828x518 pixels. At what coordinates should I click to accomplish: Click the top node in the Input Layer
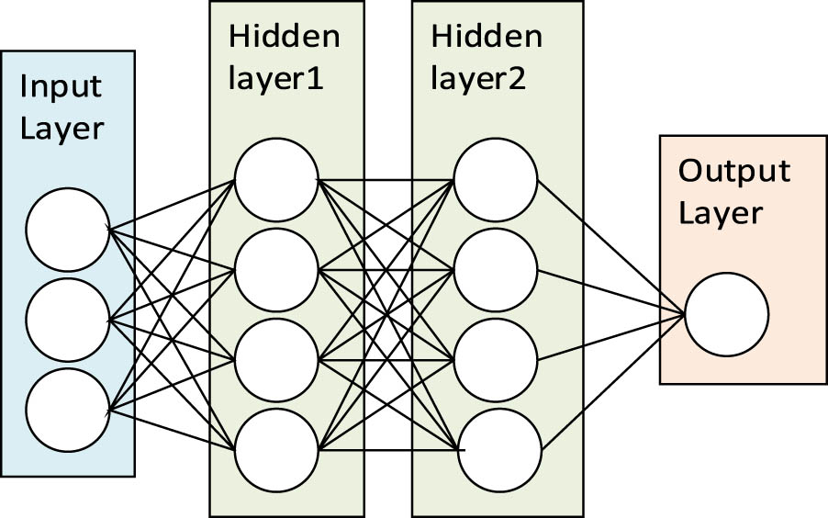[67, 230]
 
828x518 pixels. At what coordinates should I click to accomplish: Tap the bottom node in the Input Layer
[67, 407]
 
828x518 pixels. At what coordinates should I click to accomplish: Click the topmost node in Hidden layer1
[276, 180]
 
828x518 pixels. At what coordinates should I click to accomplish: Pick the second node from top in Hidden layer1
[276, 270]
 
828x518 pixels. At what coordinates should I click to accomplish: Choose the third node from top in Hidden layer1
[276, 360]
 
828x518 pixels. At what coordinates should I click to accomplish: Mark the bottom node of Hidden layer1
[276, 449]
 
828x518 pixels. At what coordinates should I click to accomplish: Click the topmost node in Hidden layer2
[496, 180]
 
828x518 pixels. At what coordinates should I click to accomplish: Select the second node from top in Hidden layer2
[496, 270]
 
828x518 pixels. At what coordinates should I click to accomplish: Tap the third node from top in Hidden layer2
[496, 360]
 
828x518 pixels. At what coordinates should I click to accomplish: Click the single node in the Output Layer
[726, 315]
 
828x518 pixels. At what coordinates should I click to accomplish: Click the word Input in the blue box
[61, 88]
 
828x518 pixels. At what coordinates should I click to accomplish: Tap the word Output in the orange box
[733, 172]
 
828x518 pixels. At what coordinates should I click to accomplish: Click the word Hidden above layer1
[284, 38]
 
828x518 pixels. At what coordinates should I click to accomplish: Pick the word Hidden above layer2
[486, 38]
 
